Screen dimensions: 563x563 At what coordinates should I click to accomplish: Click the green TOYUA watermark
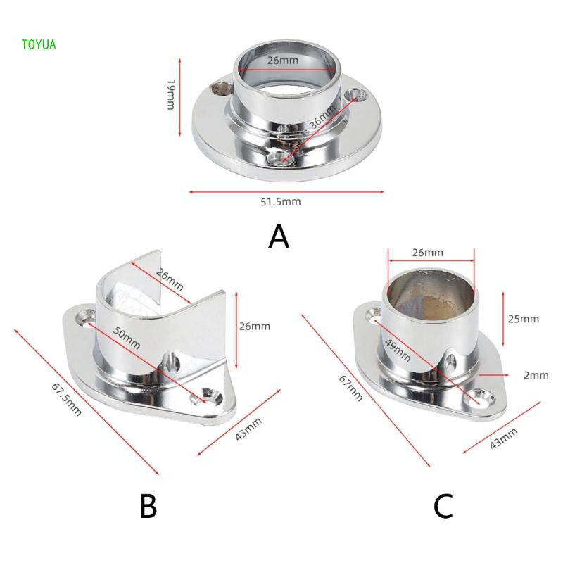[x=39, y=44]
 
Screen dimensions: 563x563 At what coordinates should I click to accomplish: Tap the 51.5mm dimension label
[x=281, y=202]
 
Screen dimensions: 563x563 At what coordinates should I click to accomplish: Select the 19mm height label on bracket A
[x=171, y=94]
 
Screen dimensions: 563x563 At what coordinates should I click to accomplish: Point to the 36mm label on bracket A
[x=322, y=117]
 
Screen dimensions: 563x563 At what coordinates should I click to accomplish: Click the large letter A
[x=279, y=236]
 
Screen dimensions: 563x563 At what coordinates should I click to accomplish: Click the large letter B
[x=148, y=506]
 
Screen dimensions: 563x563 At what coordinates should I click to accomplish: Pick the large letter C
[x=443, y=506]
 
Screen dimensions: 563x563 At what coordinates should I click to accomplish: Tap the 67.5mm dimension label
[x=66, y=399]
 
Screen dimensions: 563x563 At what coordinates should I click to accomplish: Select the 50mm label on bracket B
[x=127, y=338]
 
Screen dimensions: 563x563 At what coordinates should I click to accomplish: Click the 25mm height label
[x=523, y=319]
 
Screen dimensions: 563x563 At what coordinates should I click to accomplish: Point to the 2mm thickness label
[x=536, y=375]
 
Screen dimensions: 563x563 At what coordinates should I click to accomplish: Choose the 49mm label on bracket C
[x=398, y=350]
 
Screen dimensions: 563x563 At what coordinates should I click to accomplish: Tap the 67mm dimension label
[x=350, y=388]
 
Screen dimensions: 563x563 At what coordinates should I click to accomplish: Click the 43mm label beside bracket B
[x=248, y=429]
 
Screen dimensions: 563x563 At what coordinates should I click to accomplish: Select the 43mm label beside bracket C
[x=503, y=438]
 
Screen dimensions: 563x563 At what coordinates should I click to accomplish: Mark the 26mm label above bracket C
[x=427, y=253]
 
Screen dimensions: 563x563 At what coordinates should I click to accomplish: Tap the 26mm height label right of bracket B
[x=255, y=326]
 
